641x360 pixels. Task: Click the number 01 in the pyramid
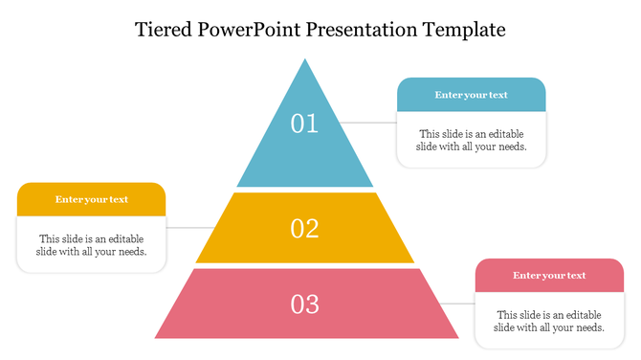coord(304,124)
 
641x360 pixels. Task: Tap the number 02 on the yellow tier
coord(304,228)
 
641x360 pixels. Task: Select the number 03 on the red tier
coord(304,304)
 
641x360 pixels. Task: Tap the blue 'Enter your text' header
coord(471,95)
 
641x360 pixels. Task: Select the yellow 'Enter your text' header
coord(92,199)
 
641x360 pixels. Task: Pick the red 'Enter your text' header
coord(549,276)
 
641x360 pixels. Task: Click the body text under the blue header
coord(471,140)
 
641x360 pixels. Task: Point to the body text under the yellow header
coord(92,245)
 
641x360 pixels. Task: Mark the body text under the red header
coord(549,321)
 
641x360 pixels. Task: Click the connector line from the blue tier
coord(369,123)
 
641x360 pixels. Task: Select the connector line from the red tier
coord(463,304)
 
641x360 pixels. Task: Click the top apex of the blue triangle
coord(305,61)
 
